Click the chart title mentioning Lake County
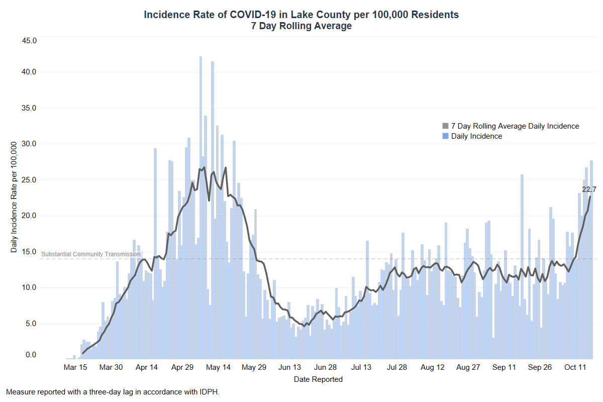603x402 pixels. tap(301, 15)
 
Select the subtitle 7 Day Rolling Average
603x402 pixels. tap(301, 26)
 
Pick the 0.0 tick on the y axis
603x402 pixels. tap(31, 355)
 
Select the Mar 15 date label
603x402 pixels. tap(75, 367)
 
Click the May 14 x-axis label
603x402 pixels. tap(218, 367)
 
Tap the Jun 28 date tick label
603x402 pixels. tap(325, 367)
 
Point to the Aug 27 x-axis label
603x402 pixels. tap(468, 367)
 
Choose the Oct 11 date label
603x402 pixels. tap(575, 367)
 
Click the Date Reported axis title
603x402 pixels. tap(318, 379)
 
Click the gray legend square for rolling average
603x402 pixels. tap(445, 126)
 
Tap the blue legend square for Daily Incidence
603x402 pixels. tap(445, 136)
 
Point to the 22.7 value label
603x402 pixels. tap(589, 189)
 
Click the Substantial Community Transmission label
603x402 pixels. tap(90, 254)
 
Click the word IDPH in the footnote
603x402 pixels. tap(211, 391)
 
